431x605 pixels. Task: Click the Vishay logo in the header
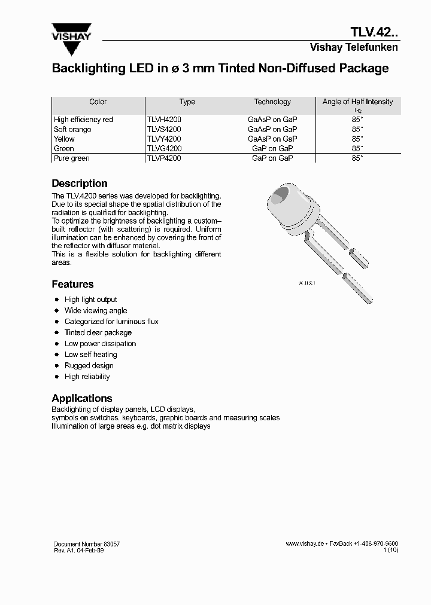click(71, 32)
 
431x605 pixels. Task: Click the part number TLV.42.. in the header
click(374, 32)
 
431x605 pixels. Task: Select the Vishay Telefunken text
click(353, 47)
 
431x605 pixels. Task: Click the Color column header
click(98, 102)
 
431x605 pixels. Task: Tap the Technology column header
click(272, 102)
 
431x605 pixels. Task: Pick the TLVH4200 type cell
click(164, 120)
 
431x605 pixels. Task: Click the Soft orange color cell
click(72, 129)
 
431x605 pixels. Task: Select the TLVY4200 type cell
click(164, 139)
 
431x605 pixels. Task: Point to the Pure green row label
click(71, 158)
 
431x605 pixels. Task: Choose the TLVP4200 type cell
click(164, 158)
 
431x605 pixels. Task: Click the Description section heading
click(80, 184)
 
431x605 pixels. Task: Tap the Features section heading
click(72, 285)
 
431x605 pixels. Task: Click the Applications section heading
click(82, 398)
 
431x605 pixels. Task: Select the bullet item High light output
click(90, 300)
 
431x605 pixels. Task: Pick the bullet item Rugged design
click(89, 365)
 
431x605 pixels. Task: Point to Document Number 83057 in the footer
click(86, 544)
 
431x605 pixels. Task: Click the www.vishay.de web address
click(305, 544)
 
